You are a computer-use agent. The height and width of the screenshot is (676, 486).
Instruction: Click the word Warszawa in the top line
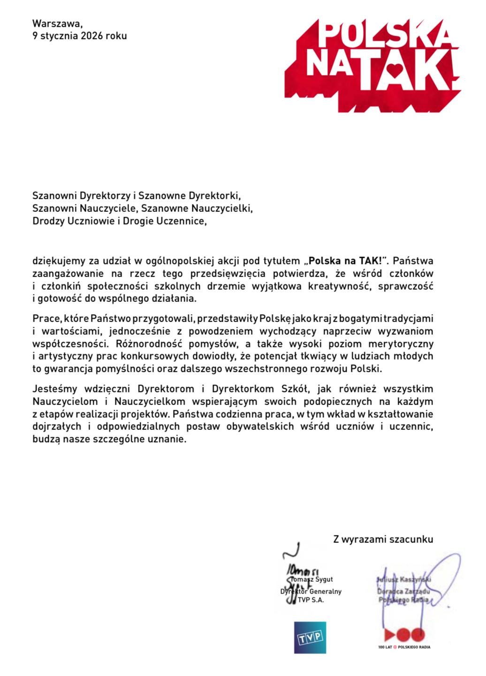[53, 23]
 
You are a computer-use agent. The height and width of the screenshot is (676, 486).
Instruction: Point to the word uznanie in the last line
[170, 440]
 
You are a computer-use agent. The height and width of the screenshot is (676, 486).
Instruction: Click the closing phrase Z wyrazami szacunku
[383, 539]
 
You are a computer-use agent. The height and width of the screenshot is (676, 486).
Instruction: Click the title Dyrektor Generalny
[311, 592]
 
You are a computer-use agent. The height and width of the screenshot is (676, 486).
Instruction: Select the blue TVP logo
[310, 638]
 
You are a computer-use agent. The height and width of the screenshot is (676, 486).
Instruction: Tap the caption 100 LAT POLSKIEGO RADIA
[404, 647]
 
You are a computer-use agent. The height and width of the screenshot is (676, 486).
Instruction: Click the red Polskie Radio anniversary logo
[404, 635]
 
